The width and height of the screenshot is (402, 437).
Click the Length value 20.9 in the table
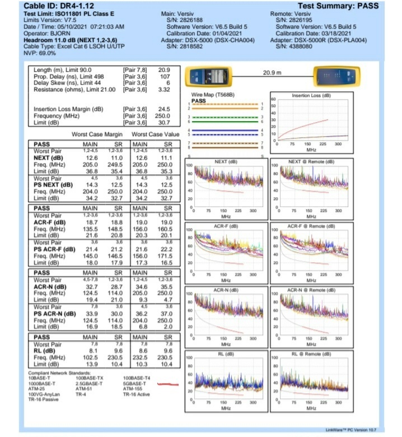pyautogui.click(x=164, y=69)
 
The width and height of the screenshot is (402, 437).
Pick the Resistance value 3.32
pyautogui.click(x=164, y=89)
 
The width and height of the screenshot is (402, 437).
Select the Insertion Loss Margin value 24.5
pyautogui.click(x=164, y=109)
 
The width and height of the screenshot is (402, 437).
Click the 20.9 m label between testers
pyautogui.click(x=273, y=72)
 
